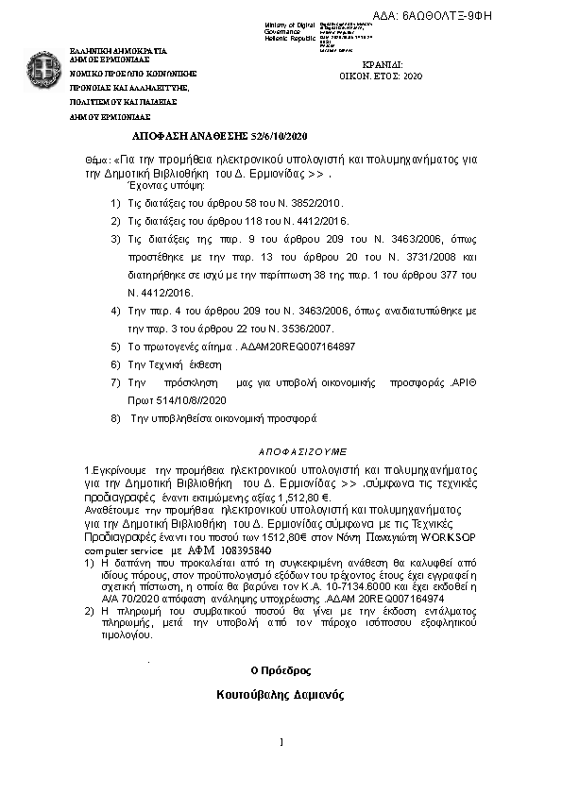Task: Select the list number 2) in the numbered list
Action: [115, 221]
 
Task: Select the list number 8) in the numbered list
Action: [115, 416]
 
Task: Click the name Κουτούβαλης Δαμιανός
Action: [280, 695]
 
